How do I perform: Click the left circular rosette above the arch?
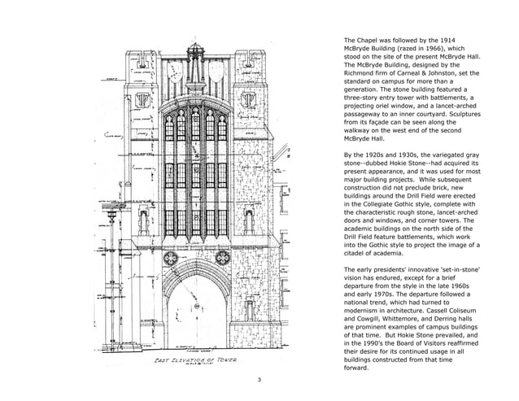coord(170,259)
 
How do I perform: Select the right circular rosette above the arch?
coord(221,259)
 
